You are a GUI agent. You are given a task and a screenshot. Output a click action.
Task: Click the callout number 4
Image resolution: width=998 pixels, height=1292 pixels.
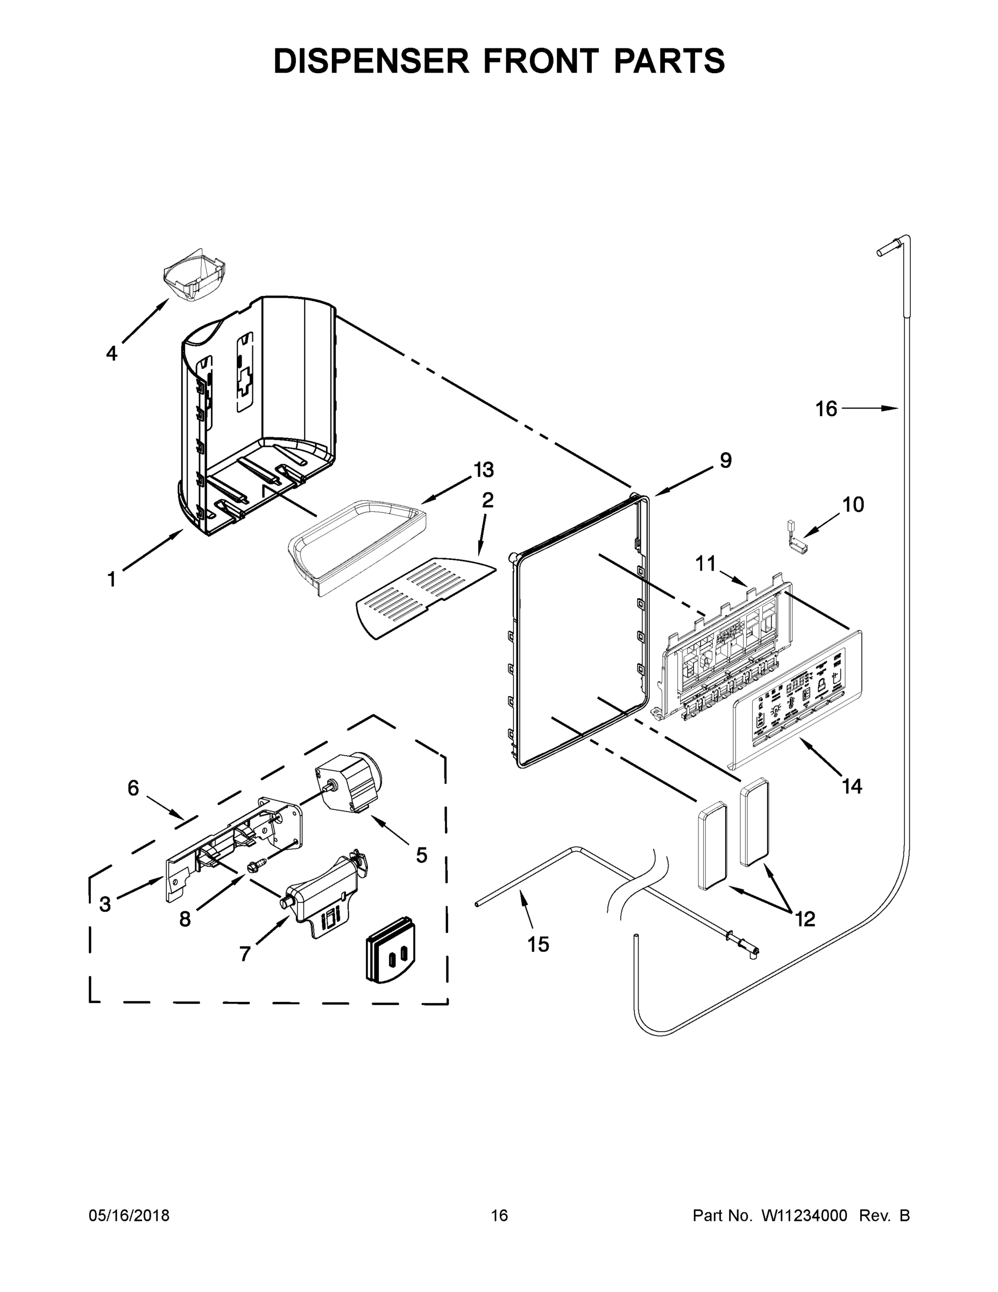coord(112,354)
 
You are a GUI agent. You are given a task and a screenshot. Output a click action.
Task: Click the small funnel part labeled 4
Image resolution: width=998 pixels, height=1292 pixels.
coord(195,276)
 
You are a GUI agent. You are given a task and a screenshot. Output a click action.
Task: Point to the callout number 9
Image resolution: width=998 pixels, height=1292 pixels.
coord(725,460)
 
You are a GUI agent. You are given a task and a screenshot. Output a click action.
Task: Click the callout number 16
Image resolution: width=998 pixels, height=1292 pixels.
coord(826,408)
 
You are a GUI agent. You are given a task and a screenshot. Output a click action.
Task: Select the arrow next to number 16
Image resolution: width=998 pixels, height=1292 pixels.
coord(869,408)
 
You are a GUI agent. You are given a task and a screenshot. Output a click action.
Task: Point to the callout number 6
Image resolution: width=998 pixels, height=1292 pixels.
coord(133,788)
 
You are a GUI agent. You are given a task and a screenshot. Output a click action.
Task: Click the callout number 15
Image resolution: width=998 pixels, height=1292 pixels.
coord(538,945)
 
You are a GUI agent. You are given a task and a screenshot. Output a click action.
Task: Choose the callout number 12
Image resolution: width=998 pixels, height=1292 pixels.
coord(805,919)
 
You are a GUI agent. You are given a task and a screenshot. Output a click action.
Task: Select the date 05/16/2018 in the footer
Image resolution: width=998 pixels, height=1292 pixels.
coord(129,1215)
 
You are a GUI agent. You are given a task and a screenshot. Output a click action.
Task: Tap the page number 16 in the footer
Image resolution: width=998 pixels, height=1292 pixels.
coord(500,1215)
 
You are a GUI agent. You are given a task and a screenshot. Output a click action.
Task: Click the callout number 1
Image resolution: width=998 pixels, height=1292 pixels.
coord(111,579)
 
